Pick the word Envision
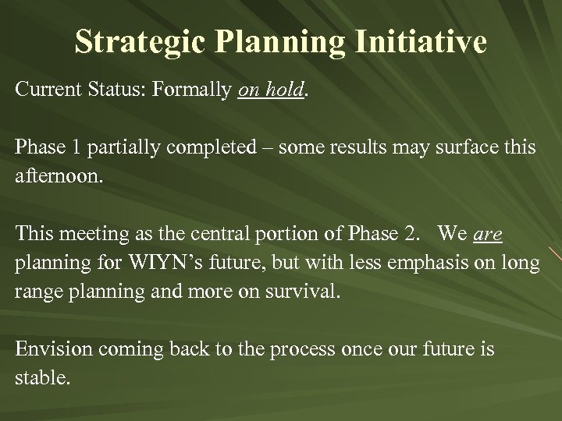48,350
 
